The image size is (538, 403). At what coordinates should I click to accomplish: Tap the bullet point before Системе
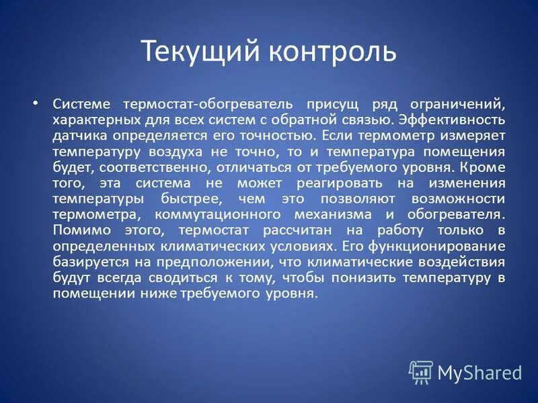pos(36,103)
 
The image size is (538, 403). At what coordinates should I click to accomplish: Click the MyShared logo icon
pos(421,371)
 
